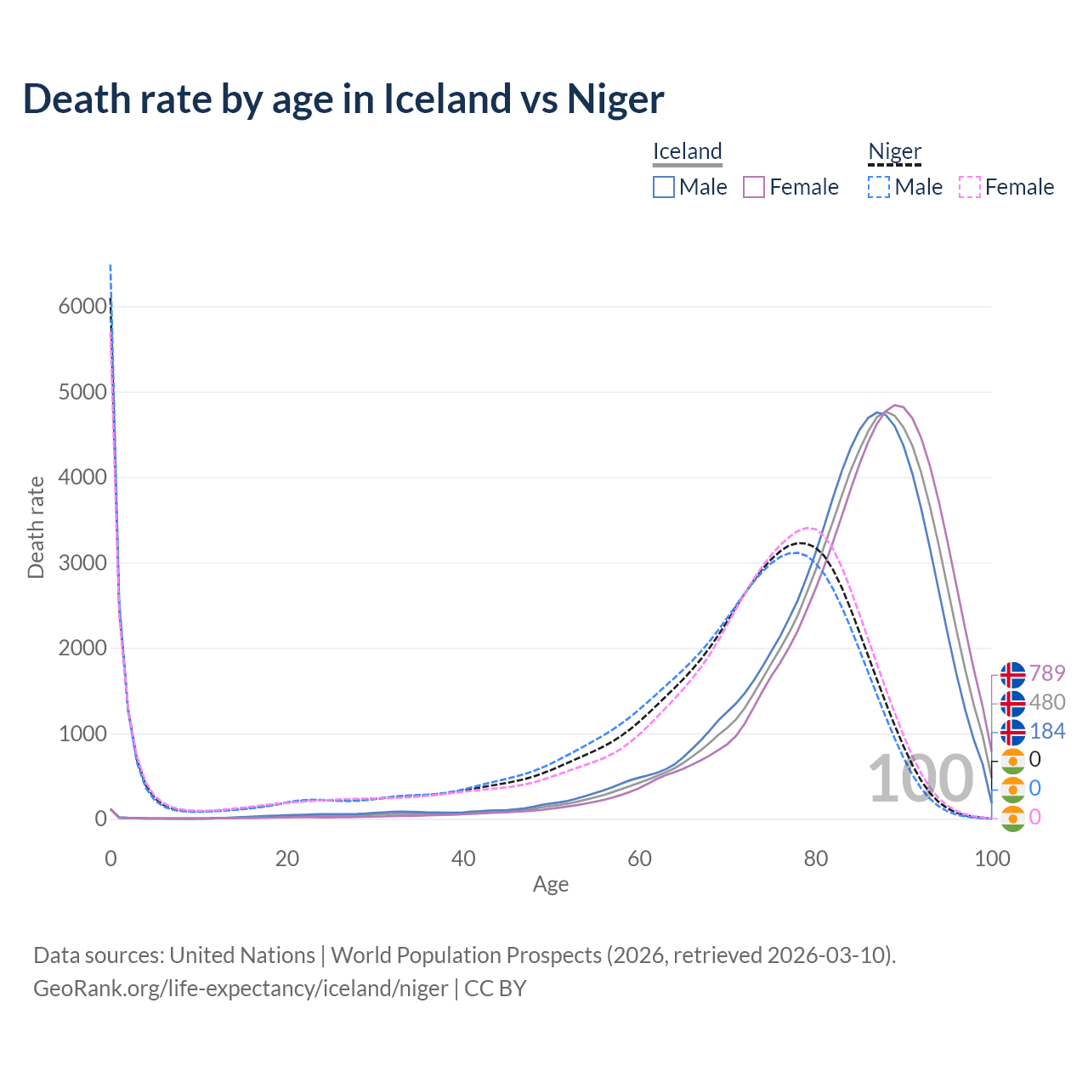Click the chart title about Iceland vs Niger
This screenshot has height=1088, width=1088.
(x=343, y=99)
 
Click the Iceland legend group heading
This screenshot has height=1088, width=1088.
(x=687, y=151)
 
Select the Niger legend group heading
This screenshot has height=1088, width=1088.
(x=894, y=151)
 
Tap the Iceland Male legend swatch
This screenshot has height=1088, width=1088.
(x=664, y=187)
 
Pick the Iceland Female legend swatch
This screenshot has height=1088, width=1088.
(x=754, y=187)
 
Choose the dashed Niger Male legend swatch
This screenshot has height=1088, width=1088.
(x=879, y=187)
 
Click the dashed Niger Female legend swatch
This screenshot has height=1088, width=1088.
(x=970, y=187)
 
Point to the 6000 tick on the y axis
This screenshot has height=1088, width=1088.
(x=82, y=306)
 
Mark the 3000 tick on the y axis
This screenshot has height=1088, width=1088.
(x=82, y=563)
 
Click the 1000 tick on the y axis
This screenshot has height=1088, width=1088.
(x=82, y=734)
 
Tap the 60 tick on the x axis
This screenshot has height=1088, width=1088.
(x=639, y=858)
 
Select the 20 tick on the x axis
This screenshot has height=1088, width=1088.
(x=287, y=858)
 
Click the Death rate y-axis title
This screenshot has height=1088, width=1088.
(x=36, y=527)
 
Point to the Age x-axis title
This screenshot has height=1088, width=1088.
(x=551, y=884)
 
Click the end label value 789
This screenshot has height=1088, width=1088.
(x=1047, y=673)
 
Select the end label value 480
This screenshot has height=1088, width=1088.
(x=1047, y=702)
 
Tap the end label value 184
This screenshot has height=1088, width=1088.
(x=1047, y=731)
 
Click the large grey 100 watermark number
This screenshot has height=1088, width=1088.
(x=920, y=779)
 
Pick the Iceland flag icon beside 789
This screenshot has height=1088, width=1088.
(x=1012, y=674)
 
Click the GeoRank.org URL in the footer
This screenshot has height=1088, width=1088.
(x=241, y=989)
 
